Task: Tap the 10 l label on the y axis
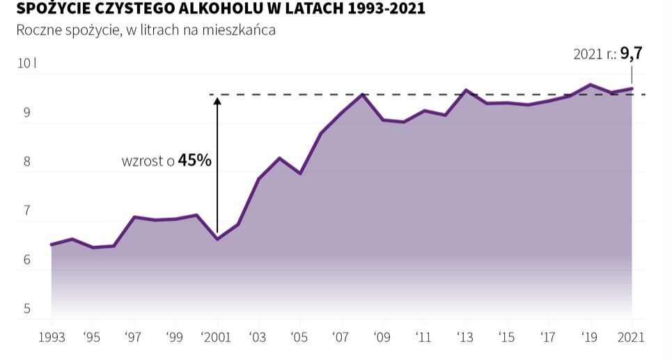26,63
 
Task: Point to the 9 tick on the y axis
27,113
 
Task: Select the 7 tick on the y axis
27,211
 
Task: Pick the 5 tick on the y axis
27,309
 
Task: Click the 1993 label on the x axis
52,338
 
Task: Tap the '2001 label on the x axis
217,338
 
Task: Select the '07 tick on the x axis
341,338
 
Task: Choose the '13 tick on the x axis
465,338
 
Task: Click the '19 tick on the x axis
590,338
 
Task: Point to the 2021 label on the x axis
632,338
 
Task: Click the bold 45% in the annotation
195,160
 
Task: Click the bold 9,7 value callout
631,54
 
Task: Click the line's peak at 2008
362,94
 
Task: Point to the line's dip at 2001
217,239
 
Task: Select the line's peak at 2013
466,90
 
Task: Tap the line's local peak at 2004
279,158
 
